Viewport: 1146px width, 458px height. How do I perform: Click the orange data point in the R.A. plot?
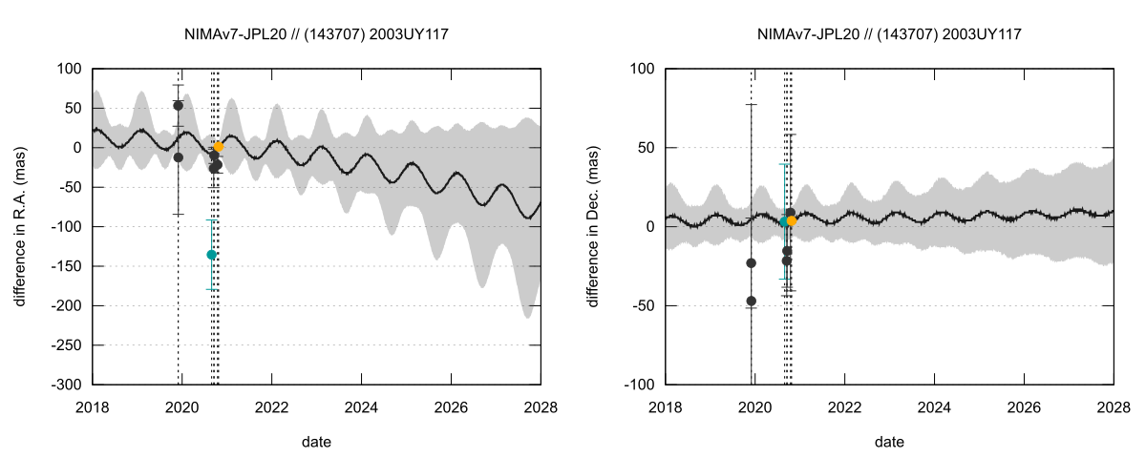pyautogui.click(x=219, y=147)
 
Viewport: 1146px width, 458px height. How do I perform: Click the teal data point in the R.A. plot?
pyautogui.click(x=211, y=255)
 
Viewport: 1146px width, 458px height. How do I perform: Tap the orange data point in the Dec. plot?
pyautogui.click(x=792, y=220)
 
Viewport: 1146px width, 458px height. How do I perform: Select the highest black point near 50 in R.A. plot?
pyautogui.click(x=179, y=106)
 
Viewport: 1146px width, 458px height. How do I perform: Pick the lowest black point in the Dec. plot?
pyautogui.click(x=751, y=301)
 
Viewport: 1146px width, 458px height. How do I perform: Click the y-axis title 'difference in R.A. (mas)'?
pyautogui.click(x=20, y=226)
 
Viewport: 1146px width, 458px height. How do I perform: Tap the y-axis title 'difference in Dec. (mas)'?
pyautogui.click(x=593, y=226)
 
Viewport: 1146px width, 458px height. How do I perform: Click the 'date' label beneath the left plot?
pyautogui.click(x=317, y=442)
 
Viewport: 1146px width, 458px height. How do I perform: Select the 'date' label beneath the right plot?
pyautogui.click(x=889, y=442)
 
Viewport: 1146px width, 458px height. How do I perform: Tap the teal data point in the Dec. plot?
pyautogui.click(x=784, y=221)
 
